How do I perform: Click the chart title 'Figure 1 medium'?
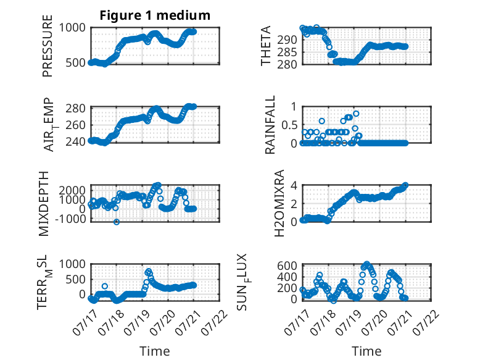pos(155,15)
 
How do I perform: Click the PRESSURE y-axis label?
pos(48,46)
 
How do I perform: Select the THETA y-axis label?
pos(266,46)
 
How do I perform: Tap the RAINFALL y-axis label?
pos(270,125)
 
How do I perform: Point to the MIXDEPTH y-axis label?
pos(44,204)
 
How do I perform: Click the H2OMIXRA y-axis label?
pos(279,203)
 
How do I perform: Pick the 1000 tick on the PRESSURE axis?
pos(72,28)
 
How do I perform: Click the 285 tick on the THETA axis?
pos(287,52)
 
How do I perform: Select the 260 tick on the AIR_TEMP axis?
pos(76,125)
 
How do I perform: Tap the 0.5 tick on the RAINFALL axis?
pos(289,125)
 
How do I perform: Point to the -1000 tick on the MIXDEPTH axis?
pos(70,219)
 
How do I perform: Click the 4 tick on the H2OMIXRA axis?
pos(294,185)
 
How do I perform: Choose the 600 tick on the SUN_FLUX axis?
pos(287,266)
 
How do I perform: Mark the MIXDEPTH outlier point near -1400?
pos(117,222)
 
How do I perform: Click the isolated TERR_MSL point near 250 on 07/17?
pos(105,286)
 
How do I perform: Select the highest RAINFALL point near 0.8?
pos(356,114)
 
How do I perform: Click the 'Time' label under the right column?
pos(366,351)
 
